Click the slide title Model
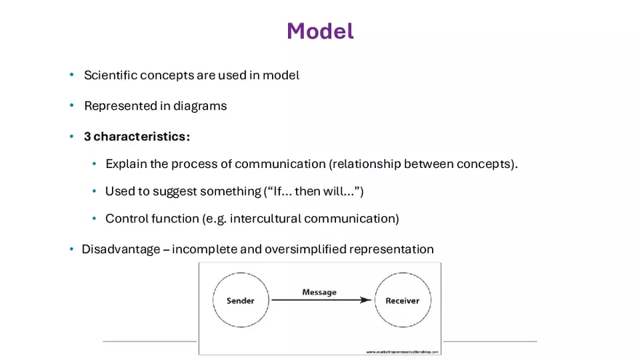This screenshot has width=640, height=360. click(320, 31)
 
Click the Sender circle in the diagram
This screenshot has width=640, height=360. click(240, 300)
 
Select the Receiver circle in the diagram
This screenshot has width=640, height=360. click(402, 300)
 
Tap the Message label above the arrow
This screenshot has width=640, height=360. click(319, 292)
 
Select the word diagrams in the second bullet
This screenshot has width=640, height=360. click(199, 105)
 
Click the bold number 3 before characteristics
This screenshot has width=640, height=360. click(87, 137)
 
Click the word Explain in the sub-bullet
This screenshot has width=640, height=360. click(125, 164)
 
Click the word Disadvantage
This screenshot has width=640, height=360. click(120, 249)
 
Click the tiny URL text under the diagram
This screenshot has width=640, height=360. click(401, 351)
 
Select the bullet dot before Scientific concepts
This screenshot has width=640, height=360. click(71, 75)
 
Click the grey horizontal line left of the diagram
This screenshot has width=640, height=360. click(149, 340)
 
